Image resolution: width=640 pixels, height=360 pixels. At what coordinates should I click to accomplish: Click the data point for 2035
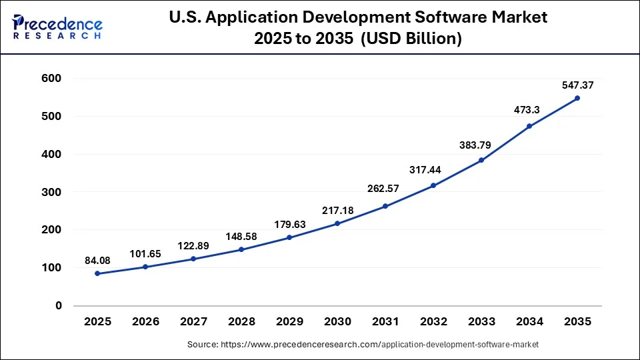(577, 98)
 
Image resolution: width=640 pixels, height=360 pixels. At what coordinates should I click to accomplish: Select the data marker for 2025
(97, 273)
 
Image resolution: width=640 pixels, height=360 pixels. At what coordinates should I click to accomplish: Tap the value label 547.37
(577, 85)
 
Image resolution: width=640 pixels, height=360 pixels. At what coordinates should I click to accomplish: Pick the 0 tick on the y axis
(59, 305)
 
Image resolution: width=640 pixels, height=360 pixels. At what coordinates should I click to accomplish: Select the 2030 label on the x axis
(337, 322)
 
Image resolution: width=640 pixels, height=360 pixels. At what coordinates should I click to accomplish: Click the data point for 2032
(433, 185)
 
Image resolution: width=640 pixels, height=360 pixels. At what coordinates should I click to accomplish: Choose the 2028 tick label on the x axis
(241, 322)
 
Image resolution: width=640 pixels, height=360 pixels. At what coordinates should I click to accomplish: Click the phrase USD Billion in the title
(411, 39)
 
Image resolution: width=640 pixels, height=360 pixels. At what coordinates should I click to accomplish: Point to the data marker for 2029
(289, 237)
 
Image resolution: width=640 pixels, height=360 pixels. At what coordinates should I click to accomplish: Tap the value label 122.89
(193, 245)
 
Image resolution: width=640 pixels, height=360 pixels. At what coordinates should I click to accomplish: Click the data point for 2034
(529, 126)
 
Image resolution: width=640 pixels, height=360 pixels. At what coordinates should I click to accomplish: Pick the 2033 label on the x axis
(481, 322)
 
